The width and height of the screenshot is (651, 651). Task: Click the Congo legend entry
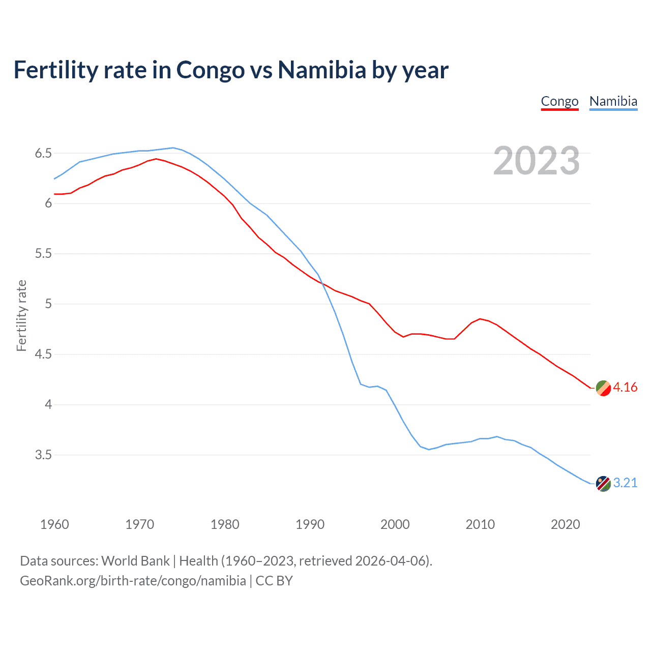coord(559,102)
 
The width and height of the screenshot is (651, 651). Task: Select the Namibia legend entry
coord(613,102)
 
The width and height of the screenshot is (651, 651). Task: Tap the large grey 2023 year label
coord(537,161)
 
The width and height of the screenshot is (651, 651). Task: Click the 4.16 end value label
coord(625,388)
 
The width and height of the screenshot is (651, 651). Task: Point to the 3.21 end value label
coord(625,483)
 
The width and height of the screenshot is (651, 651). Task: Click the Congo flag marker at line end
coord(603,388)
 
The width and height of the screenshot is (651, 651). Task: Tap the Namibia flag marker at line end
coord(603,484)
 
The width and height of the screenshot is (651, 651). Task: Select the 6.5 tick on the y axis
coord(43,153)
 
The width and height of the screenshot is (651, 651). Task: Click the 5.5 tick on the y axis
coord(43,254)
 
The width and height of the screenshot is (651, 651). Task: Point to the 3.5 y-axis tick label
coord(43,455)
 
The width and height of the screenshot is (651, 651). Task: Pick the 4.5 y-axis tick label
coord(43,354)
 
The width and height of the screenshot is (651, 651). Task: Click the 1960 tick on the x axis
coord(54,524)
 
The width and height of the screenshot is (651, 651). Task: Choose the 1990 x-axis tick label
coord(310,524)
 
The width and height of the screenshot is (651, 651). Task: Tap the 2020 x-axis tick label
coord(565,524)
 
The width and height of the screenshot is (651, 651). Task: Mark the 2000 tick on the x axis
coord(395,524)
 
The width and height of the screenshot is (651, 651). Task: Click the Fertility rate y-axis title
coord(21,315)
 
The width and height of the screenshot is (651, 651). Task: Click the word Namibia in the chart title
coord(321,70)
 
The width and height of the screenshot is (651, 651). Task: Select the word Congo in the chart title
coord(210,70)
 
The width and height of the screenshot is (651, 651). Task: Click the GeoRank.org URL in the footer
coord(133,581)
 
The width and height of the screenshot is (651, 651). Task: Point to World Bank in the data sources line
coord(135,561)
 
